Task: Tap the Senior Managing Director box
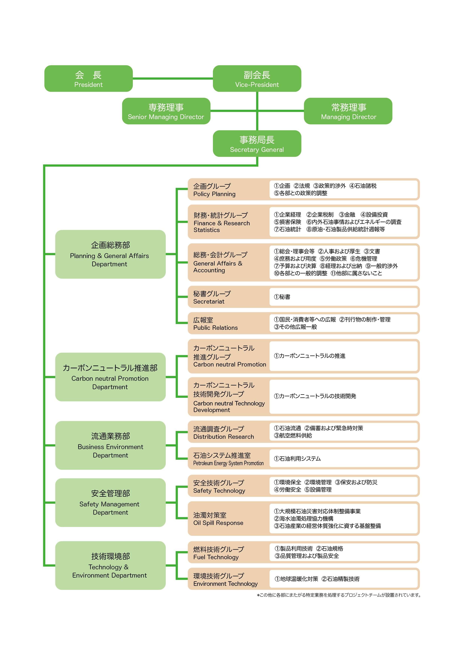166,111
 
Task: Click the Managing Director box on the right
348,111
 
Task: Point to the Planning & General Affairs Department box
110,254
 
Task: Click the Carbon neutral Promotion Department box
110,377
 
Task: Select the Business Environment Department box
110,445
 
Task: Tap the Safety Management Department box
110,502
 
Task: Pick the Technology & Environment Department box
110,565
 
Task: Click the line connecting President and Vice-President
173,78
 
